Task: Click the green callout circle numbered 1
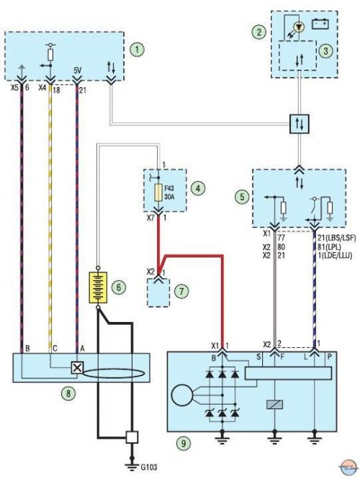tap(138, 50)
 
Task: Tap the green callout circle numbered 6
tap(119, 287)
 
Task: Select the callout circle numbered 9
tap(184, 443)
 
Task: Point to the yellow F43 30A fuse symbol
tap(158, 193)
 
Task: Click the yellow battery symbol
tap(98, 287)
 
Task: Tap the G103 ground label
tap(149, 467)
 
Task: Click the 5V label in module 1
tap(78, 71)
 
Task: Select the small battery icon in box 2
tap(320, 24)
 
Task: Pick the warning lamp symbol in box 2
tap(299, 27)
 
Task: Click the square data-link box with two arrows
tap(300, 124)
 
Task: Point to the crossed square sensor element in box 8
tap(77, 367)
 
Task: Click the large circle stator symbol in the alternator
tap(182, 395)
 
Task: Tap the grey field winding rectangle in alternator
tap(274, 405)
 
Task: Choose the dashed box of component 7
tap(158, 292)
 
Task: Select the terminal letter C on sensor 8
tap(55, 348)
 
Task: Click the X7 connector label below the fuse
tap(150, 218)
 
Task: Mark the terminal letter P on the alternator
tap(330, 357)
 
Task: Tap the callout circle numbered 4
tap(198, 188)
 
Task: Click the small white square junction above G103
tap(132, 437)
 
